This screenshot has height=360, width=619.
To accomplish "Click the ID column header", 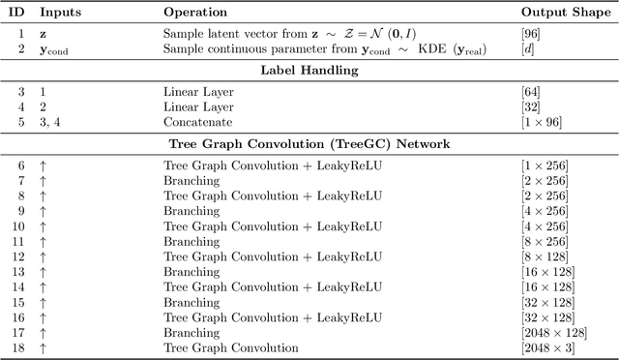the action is click(18, 14).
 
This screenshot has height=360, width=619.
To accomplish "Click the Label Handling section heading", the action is click(309, 70).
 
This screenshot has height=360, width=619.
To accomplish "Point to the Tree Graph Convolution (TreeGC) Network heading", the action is click(309, 144).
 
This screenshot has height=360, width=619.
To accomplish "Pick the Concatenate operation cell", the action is click(196, 121).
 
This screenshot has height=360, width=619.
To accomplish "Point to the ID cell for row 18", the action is click(18, 347).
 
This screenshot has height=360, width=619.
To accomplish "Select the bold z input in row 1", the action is click(42, 32).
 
